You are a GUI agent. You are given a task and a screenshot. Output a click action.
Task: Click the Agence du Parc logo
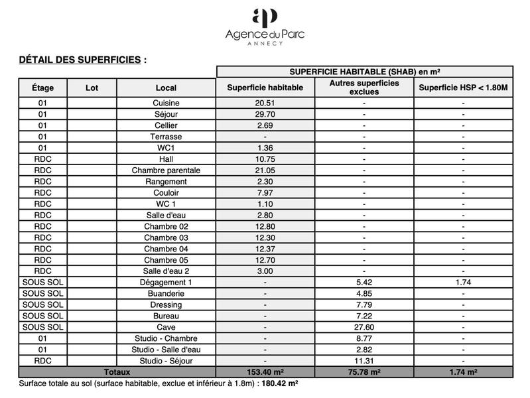coord(265,26)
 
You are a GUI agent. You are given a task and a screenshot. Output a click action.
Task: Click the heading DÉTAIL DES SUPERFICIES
coord(80,60)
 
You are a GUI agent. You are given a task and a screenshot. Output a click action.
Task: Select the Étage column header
coord(43,88)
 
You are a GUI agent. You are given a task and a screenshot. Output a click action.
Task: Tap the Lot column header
coord(92,88)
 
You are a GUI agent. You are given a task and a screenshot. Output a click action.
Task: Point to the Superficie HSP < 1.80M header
coord(463,88)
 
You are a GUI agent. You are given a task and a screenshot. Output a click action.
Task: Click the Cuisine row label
coord(166,103)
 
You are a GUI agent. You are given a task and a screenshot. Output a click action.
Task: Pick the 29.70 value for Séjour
coord(265,114)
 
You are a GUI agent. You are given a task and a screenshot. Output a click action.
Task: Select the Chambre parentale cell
coord(166,170)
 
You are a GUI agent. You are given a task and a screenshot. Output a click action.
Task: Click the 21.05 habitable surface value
coord(265,170)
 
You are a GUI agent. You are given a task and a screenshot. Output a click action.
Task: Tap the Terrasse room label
coord(166,137)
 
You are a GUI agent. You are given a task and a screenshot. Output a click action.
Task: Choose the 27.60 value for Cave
coord(364,327)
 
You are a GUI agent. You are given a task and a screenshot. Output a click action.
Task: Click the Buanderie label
coord(166,293)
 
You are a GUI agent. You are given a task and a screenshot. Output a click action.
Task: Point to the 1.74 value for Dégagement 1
coord(463,282)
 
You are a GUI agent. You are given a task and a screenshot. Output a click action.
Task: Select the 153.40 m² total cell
coord(265,372)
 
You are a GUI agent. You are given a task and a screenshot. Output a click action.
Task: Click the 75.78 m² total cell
coord(364,372)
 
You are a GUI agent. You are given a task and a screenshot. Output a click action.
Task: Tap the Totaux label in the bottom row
coord(117,372)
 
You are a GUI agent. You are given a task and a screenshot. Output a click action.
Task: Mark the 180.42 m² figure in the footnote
coord(279,383)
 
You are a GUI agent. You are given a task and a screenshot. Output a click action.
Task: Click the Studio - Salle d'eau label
coord(166,350)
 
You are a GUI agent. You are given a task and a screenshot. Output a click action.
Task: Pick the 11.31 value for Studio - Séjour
coord(364,361)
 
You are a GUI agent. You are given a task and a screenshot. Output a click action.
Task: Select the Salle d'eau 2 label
coord(166,271)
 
